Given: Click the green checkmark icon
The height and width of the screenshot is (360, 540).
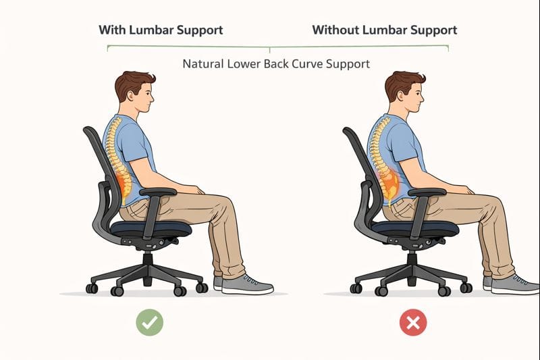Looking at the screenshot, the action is click(149, 322).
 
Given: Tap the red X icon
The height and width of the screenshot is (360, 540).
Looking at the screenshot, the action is click(413, 322).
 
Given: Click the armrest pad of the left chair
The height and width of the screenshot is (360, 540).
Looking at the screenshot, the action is click(158, 192).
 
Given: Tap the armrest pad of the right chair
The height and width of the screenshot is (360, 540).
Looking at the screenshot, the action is click(427, 192).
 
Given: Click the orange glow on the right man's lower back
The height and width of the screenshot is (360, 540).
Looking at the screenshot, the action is click(389, 182).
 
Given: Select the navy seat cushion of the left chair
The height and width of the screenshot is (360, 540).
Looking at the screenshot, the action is click(151, 228).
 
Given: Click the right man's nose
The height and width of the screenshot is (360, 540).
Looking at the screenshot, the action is click(422, 99).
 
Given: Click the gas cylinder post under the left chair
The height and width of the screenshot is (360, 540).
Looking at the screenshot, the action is click(148, 267).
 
